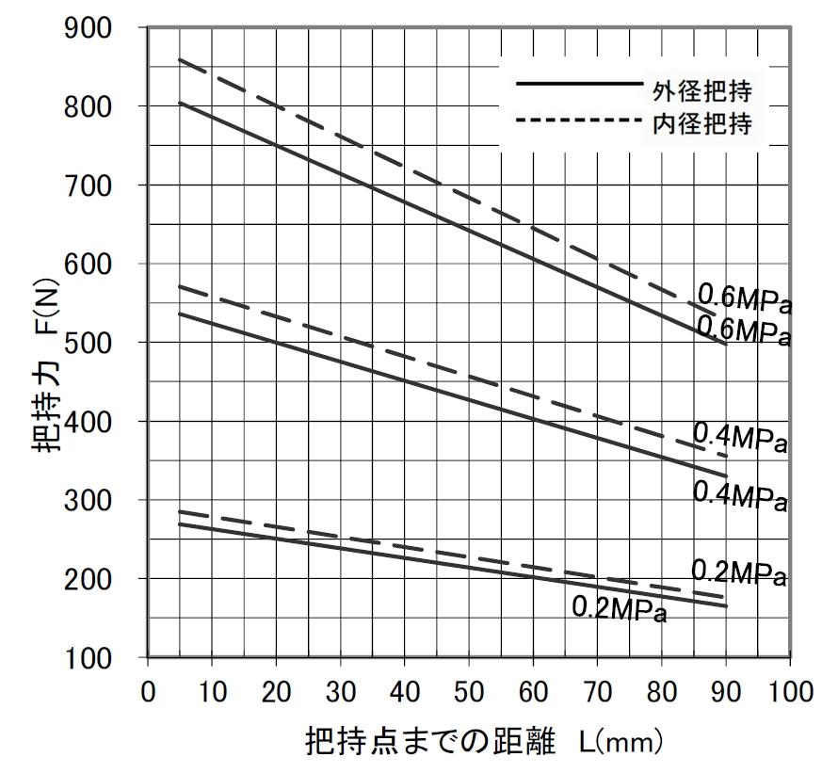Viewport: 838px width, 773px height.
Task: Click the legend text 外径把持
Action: click(x=702, y=90)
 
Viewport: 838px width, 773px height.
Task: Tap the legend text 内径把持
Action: click(x=702, y=122)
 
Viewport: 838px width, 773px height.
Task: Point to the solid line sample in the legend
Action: click(x=577, y=84)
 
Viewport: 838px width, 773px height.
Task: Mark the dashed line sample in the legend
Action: click(x=577, y=120)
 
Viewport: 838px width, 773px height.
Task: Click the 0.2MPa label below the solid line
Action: click(x=619, y=610)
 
